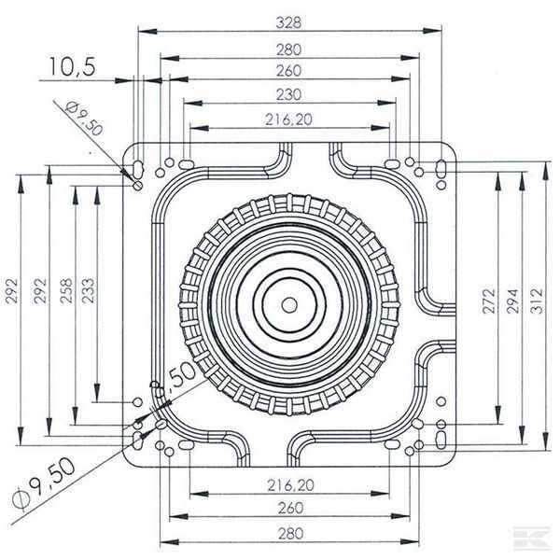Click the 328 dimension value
point(290,20)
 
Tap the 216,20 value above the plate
point(290,119)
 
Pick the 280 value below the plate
point(290,533)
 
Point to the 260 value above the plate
point(290,69)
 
